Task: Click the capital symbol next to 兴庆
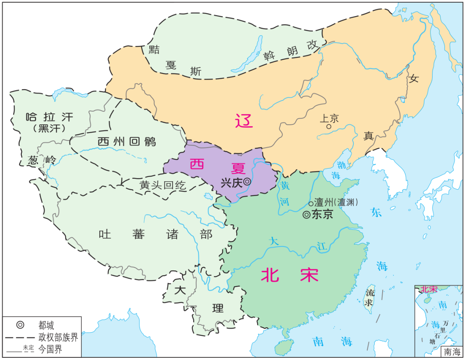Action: (x=247, y=182)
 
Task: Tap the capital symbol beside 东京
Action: (x=306, y=214)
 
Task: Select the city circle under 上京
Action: (x=329, y=127)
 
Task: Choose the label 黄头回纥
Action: (x=163, y=186)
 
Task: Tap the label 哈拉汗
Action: (x=50, y=117)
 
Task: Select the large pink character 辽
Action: (x=244, y=120)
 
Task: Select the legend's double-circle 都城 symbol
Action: (x=20, y=325)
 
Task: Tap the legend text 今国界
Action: (x=50, y=349)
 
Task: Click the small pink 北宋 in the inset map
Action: (x=428, y=289)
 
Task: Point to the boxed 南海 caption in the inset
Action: (x=452, y=351)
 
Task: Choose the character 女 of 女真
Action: (x=413, y=79)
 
